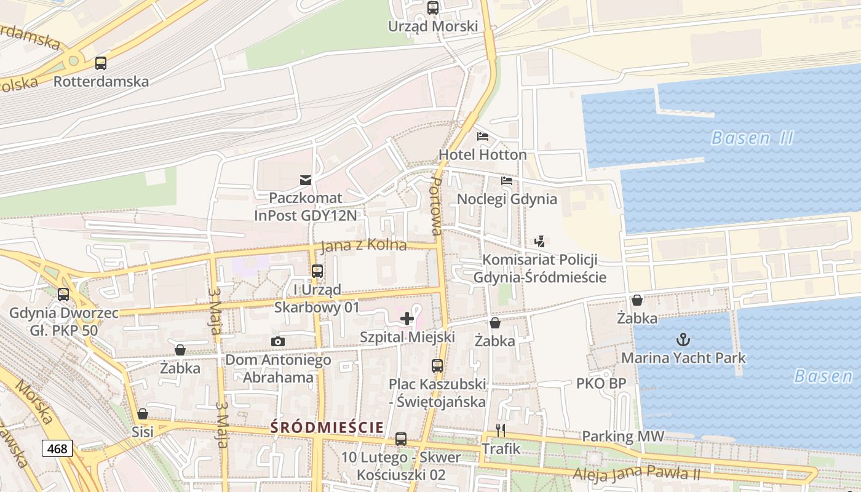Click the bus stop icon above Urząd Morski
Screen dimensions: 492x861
[433, 8]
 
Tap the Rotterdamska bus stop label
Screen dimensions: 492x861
[101, 81]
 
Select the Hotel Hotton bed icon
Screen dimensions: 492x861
[483, 137]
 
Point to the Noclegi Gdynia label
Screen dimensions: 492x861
[507, 199]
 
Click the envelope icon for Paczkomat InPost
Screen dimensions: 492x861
[305, 180]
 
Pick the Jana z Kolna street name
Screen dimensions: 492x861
[363, 245]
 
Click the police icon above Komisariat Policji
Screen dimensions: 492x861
[539, 242]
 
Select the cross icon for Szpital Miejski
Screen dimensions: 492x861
[407, 319]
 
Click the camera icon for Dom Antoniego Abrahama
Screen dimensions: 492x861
[278, 341]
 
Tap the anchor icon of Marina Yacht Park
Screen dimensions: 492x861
[683, 339]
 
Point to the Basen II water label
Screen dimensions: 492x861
[752, 138]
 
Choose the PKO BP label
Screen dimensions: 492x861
[601, 384]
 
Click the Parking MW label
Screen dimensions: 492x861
[623, 437]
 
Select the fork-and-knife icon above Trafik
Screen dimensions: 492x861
[501, 430]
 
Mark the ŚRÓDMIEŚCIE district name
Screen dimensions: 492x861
[327, 427]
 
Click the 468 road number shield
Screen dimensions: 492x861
[57, 449]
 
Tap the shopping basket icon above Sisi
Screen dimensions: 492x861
[143, 414]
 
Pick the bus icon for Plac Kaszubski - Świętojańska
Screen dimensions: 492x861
[437, 366]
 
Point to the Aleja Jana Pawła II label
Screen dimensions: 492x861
[637, 474]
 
